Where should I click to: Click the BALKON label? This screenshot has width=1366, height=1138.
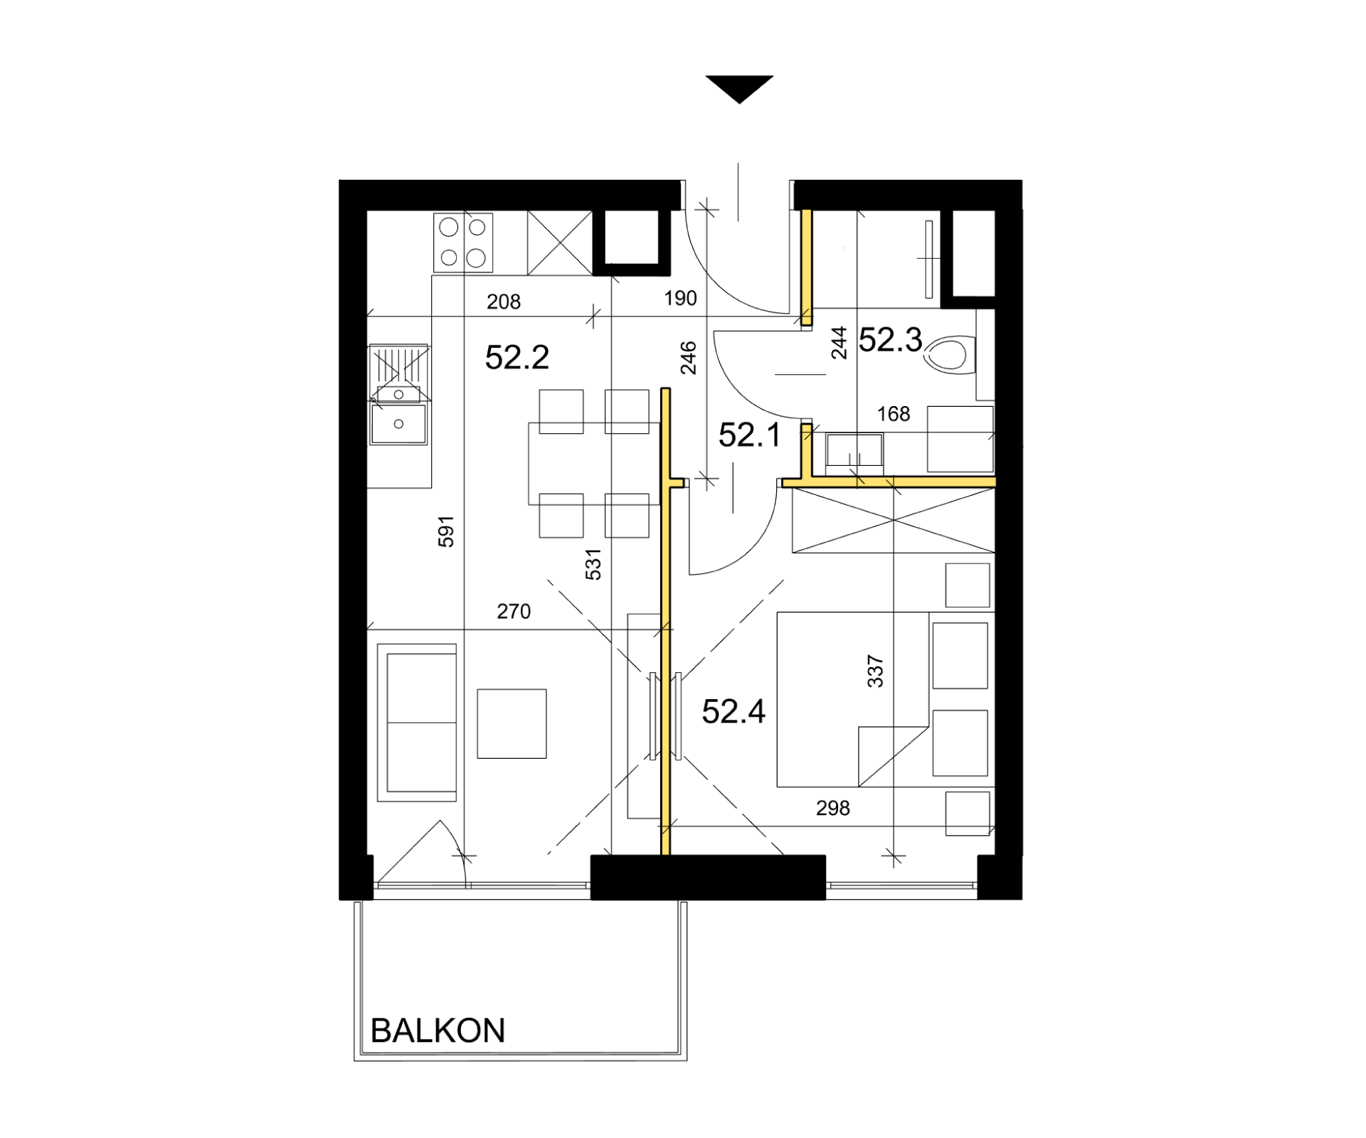point(438,1031)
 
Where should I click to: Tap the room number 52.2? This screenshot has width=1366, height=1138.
point(517,357)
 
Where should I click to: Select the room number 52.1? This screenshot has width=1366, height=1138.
point(750,435)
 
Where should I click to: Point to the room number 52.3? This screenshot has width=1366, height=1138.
point(890,340)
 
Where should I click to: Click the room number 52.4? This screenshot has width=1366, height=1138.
point(734,711)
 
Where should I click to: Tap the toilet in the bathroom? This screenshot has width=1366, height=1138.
point(949,355)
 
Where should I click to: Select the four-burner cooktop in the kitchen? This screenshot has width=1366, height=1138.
point(463,243)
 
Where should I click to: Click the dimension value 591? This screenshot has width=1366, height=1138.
point(445,531)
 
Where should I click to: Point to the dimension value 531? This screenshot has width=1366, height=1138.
point(593,564)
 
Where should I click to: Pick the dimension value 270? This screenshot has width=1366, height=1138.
point(514,612)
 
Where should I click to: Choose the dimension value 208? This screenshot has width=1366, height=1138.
point(504,302)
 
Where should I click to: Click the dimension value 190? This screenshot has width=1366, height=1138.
point(680,298)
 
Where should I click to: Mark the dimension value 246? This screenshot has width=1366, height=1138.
point(688,358)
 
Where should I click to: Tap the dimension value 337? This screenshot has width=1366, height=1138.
point(875,671)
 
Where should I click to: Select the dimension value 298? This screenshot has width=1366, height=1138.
point(832,808)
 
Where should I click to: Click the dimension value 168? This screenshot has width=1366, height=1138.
point(894,414)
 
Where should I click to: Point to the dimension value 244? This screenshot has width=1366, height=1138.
point(840,343)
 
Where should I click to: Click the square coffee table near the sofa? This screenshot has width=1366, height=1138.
point(512,723)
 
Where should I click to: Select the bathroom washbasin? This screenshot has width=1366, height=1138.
point(854,450)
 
